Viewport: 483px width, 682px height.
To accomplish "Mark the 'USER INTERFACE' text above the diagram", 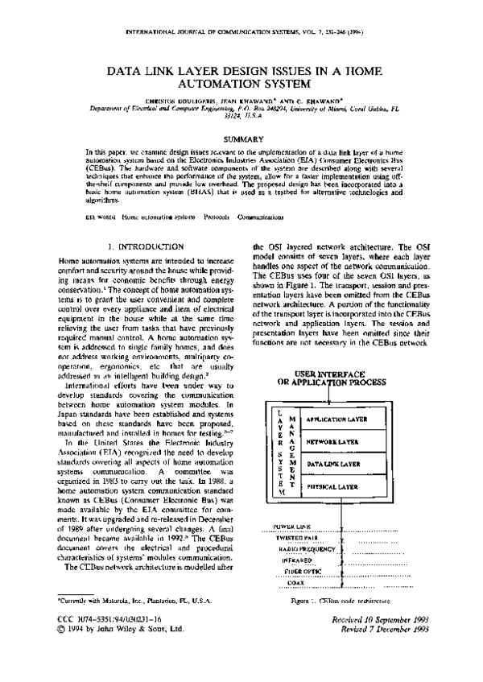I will click(332, 375).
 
